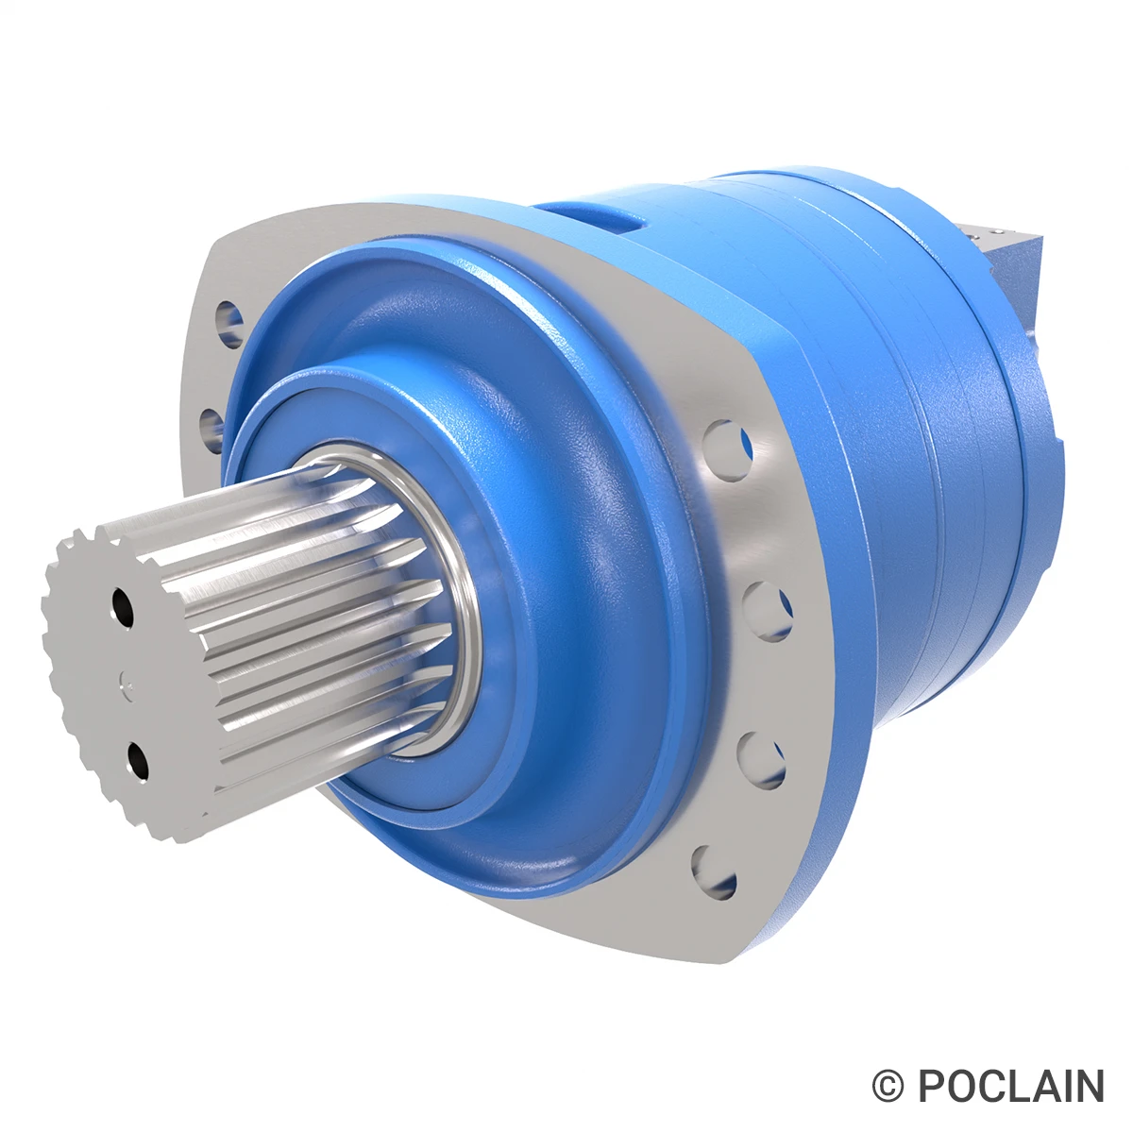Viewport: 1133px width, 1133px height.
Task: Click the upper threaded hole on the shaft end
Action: [121, 605]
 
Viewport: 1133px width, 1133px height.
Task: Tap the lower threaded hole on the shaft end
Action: [136, 760]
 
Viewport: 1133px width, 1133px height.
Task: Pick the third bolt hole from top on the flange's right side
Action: [761, 756]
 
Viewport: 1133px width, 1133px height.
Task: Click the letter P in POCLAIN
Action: [933, 1087]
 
